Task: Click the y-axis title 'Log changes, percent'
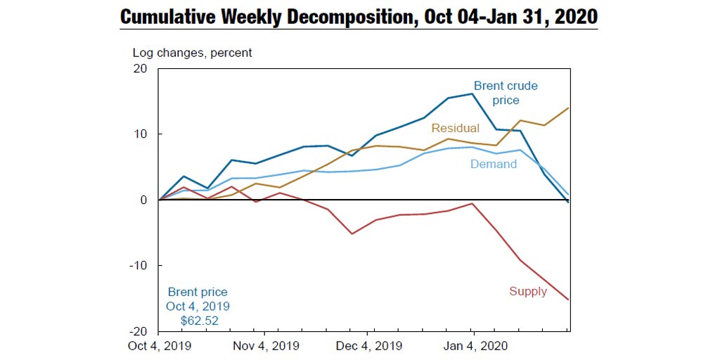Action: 192,52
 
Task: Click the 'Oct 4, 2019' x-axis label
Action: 160,346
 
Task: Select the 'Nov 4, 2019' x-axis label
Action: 265,346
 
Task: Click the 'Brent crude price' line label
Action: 506,93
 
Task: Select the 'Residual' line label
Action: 455,128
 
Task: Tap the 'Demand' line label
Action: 493,164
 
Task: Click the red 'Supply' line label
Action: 527,291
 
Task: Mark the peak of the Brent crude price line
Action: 472,94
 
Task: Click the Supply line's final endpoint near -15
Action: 568,300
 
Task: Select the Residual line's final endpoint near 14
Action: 568,108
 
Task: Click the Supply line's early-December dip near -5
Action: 352,233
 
